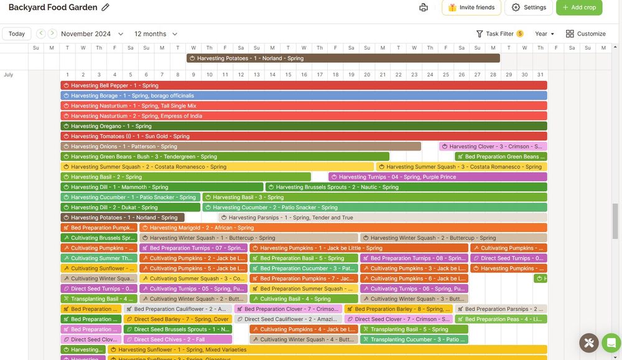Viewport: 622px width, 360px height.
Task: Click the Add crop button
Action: pyautogui.click(x=579, y=7)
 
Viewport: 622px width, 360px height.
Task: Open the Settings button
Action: pyautogui.click(x=529, y=7)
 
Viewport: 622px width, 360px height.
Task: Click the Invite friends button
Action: pyautogui.click(x=471, y=7)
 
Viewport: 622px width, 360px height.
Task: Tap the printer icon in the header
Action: pyautogui.click(x=424, y=7)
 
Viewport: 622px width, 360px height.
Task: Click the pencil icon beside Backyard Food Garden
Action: pyautogui.click(x=106, y=7)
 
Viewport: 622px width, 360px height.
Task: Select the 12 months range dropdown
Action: pyautogui.click(x=155, y=34)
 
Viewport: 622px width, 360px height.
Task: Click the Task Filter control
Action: pyautogui.click(x=499, y=34)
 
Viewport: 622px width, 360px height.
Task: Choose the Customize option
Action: pyautogui.click(x=585, y=34)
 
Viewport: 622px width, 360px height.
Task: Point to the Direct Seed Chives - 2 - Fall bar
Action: pyautogui.click(x=178, y=339)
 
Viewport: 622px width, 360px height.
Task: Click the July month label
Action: pyautogui.click(x=9, y=75)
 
